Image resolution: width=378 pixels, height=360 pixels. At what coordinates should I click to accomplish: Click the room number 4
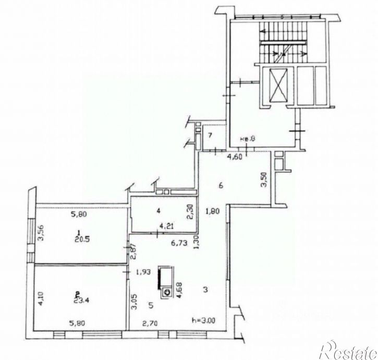coord(158,212)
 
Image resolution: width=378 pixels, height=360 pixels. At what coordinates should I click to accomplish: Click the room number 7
coord(209,136)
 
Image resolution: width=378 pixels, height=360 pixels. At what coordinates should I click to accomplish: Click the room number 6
coord(221,185)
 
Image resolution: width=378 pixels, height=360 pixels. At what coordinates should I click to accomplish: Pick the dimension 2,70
coord(150,323)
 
